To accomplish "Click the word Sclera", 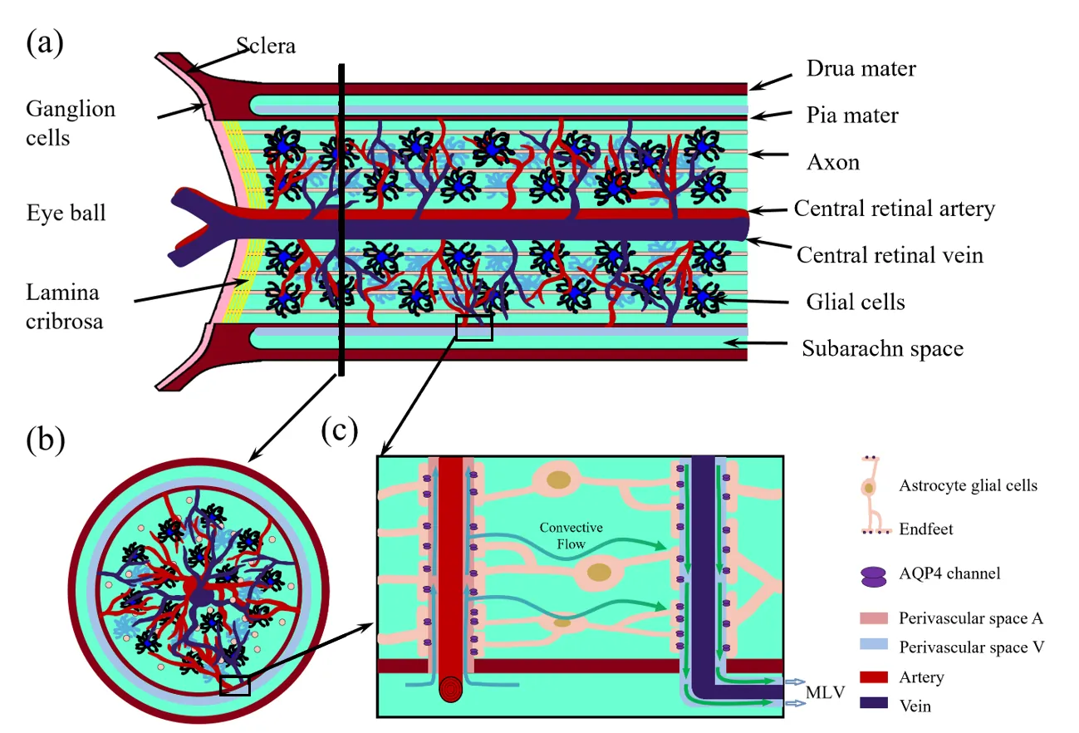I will [x=266, y=47].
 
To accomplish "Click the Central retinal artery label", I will [x=894, y=208].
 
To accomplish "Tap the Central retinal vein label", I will [x=890, y=253].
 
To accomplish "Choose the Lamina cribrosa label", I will [x=65, y=307].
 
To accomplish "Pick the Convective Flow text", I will [x=571, y=536].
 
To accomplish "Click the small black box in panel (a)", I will [x=474, y=327].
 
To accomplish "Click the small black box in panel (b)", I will [x=234, y=685].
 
